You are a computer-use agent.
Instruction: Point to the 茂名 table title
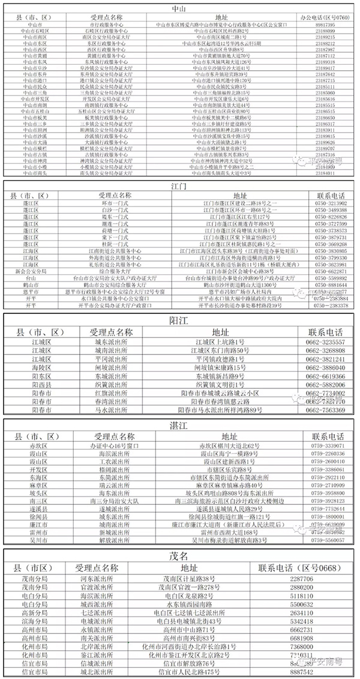[x=179, y=556]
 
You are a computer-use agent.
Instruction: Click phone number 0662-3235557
[x=325, y=342]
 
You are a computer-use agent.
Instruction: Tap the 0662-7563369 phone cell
[x=325, y=410]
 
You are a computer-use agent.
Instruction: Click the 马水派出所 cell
[x=110, y=410]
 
